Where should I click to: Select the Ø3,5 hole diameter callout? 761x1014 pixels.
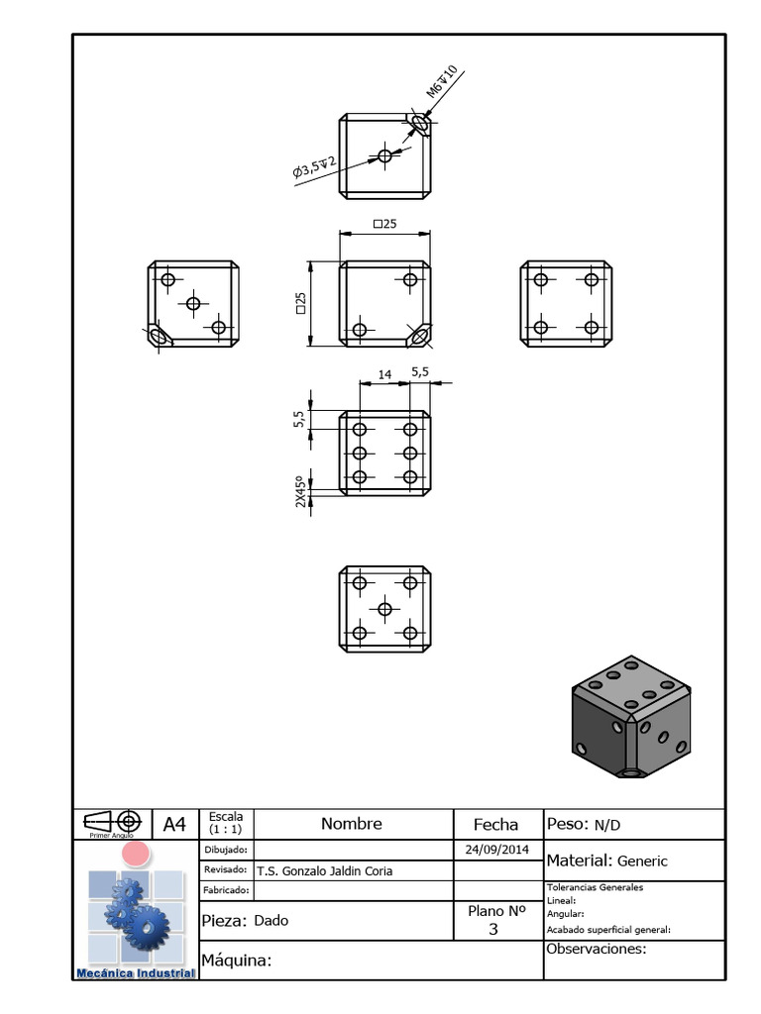pyautogui.click(x=315, y=167)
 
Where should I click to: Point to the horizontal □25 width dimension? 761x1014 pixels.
pyautogui.click(x=384, y=225)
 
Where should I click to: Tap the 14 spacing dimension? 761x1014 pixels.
pyautogui.click(x=385, y=374)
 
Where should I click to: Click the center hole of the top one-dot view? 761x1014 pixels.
pyautogui.click(x=384, y=155)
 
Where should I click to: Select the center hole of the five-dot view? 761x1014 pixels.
pyautogui.click(x=384, y=608)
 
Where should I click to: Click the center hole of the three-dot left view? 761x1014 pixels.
pyautogui.click(x=193, y=303)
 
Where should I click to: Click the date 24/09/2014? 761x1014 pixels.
pyautogui.click(x=496, y=850)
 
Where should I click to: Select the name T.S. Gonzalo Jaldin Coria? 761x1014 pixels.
pyautogui.click(x=324, y=871)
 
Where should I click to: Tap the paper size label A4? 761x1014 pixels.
pyautogui.click(x=174, y=824)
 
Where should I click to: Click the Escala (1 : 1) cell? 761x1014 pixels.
pyautogui.click(x=226, y=823)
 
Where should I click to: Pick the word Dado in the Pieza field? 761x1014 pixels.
pyautogui.click(x=271, y=920)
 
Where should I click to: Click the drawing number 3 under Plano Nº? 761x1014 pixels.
pyautogui.click(x=494, y=930)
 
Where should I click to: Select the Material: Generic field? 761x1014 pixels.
pyautogui.click(x=607, y=861)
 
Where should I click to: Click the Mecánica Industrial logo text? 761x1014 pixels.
pyautogui.click(x=136, y=973)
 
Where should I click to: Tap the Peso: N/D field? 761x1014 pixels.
pyautogui.click(x=584, y=824)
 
